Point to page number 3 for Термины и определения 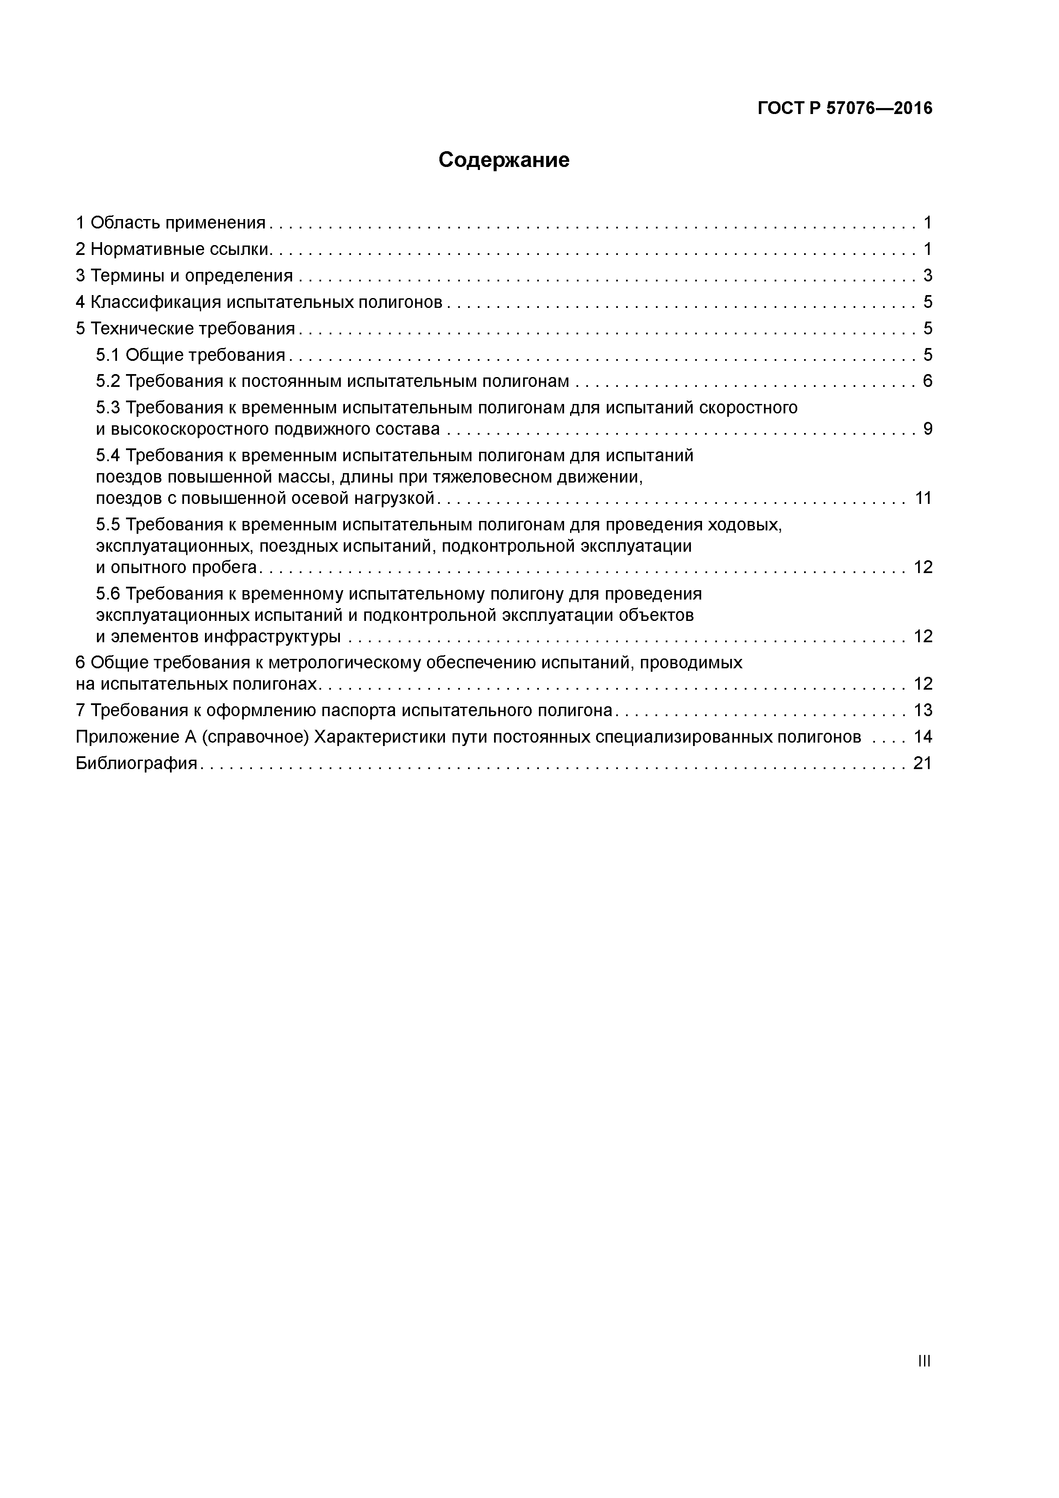[927, 276]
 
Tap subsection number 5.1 [108, 355]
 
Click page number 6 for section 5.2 [927, 381]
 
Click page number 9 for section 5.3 [927, 429]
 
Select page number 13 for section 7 [923, 711]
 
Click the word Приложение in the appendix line [122, 737]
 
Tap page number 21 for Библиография [923, 764]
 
